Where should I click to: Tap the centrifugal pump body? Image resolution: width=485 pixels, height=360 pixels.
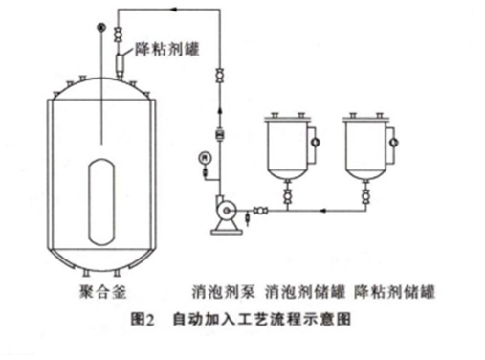[x=225, y=211]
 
